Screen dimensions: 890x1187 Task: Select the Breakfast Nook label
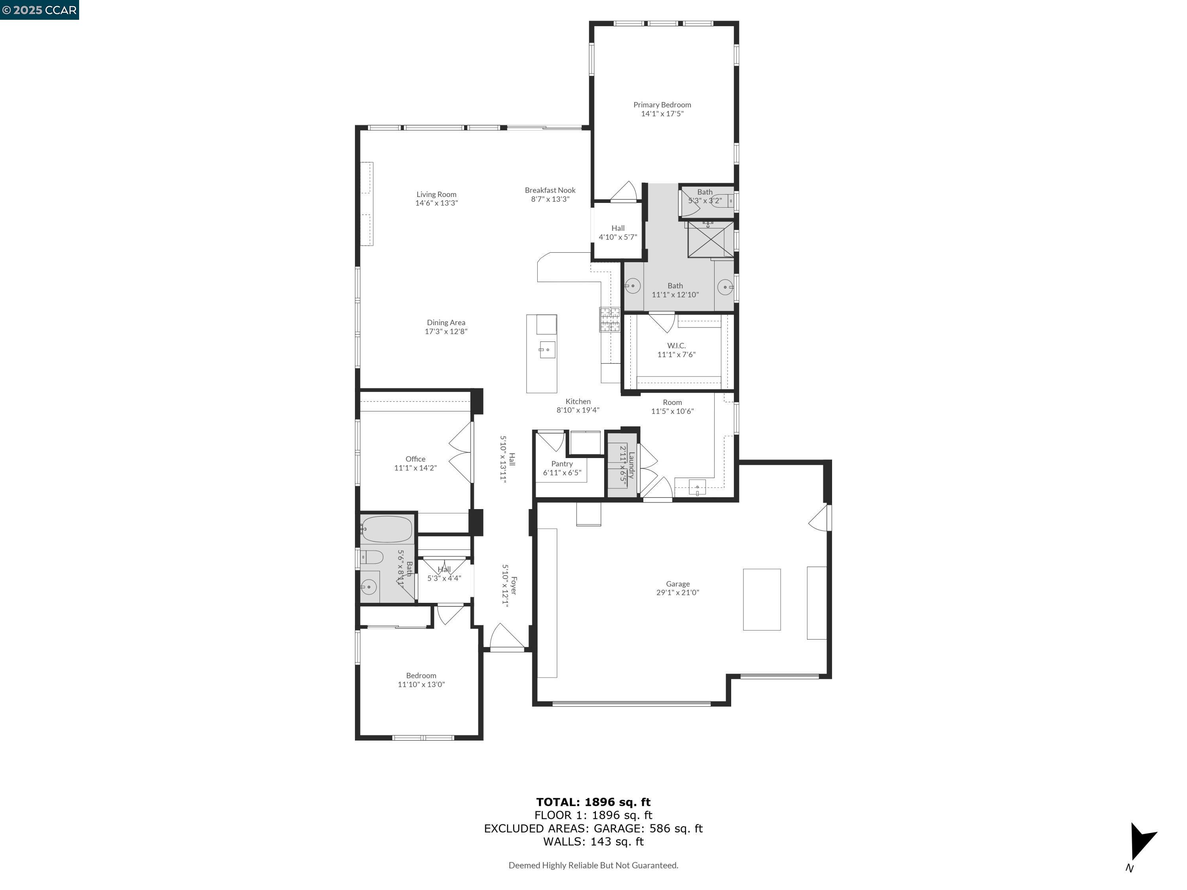tap(550, 190)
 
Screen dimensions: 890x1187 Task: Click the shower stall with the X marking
tap(710, 239)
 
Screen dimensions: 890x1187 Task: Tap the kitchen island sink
tap(547, 349)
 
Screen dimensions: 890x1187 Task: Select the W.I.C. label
tap(676, 345)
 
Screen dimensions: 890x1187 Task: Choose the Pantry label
tap(562, 464)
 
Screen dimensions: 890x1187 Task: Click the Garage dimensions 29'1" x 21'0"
tap(677, 592)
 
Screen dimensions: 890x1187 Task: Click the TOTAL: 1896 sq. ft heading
tap(593, 802)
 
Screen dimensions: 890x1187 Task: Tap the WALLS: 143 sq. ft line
tap(593, 841)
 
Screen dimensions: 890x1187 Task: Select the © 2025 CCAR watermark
tap(39, 9)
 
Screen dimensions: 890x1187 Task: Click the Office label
tap(415, 459)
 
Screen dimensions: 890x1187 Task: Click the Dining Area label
tap(446, 322)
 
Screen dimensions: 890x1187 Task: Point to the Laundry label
tap(631, 465)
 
